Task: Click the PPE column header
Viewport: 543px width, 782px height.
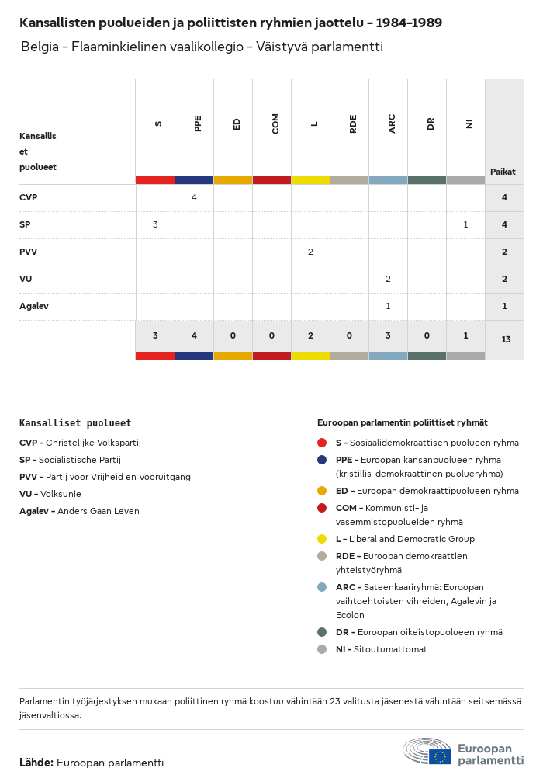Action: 198,123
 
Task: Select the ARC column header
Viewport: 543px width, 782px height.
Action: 392,123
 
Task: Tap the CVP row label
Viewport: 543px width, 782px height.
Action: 29,197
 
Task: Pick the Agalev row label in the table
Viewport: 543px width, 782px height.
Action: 34,306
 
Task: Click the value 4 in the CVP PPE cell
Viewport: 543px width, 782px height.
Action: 194,197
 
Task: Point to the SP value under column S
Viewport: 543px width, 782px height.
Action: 155,224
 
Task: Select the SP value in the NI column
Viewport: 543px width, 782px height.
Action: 465,224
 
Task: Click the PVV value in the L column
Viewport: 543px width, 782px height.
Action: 310,252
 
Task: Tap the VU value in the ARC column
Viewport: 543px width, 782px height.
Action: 388,279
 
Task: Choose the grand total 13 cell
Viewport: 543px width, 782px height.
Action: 506,339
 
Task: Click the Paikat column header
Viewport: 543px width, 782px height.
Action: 503,172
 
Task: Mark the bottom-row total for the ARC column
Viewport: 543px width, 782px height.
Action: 388,335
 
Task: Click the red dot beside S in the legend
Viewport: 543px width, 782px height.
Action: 322,443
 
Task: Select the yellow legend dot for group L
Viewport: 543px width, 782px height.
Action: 322,539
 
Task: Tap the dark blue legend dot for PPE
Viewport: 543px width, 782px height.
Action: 322,460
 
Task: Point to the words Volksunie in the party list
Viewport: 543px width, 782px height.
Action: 63,494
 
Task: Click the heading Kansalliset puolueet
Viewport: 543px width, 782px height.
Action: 75,423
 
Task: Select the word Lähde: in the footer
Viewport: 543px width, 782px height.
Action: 36,763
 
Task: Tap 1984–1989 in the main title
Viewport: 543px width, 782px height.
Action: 409,23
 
